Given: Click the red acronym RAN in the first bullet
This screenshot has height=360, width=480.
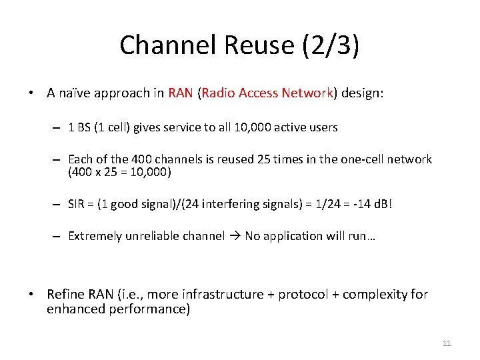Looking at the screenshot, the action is (x=181, y=93).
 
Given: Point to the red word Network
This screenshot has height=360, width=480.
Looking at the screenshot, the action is (x=307, y=93).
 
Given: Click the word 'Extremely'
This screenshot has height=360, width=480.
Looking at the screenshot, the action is (x=94, y=236).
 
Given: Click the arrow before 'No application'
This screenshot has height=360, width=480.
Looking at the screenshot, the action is (x=235, y=236).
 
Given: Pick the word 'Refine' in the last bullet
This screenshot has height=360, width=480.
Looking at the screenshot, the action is (x=65, y=294).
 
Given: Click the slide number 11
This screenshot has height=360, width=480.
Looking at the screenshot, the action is (x=447, y=343).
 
